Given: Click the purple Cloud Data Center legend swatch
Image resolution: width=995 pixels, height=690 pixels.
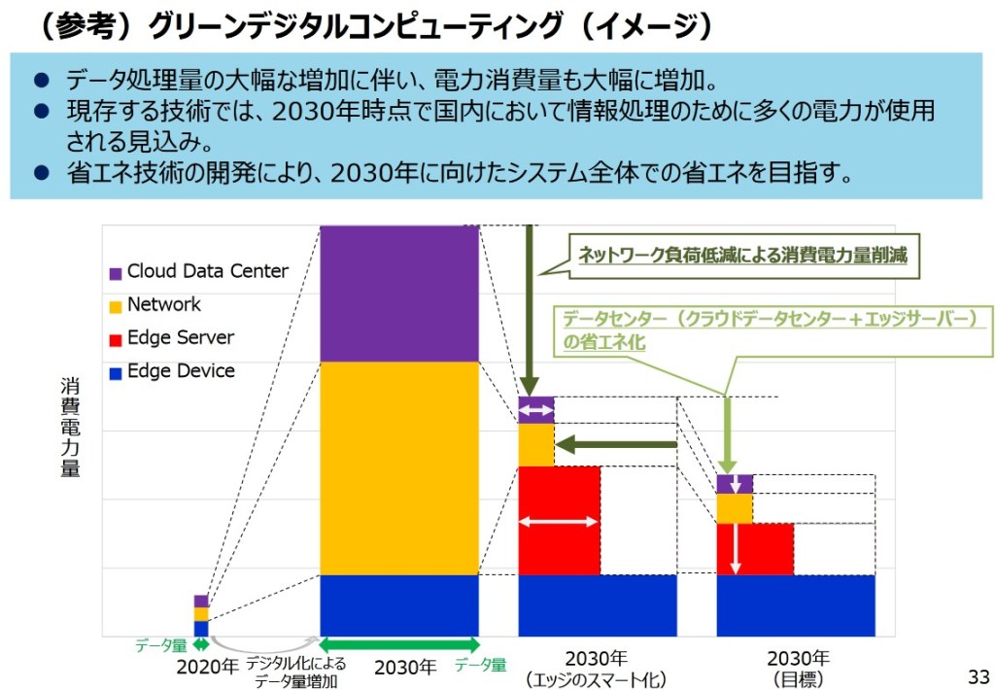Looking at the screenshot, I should click(116, 273).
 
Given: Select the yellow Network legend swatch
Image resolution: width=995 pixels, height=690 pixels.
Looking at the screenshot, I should click(116, 306).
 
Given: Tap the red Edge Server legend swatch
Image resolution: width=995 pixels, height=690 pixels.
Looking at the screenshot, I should click(116, 339).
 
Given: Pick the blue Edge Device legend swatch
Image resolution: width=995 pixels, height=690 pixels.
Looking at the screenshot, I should click(116, 372).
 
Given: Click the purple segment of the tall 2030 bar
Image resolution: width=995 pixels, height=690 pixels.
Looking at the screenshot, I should click(399, 293).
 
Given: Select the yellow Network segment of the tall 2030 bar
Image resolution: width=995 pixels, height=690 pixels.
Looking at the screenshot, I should click(399, 467).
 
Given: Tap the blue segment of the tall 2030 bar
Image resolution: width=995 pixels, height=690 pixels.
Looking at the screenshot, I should click(399, 604).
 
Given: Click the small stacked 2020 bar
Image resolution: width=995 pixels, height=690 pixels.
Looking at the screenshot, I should click(201, 615).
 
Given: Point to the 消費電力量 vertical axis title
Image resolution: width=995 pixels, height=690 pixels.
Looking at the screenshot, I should click(70, 428).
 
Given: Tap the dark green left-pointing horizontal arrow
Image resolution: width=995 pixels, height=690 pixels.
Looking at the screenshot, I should click(616, 445).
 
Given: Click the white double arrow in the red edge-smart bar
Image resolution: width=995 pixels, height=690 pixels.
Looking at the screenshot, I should click(559, 522).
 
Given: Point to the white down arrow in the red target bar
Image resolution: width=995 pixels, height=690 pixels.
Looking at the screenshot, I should click(736, 548).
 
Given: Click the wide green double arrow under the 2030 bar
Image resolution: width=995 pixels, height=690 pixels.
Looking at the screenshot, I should click(399, 644).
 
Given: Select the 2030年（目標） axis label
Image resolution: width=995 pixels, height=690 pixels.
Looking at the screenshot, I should click(798, 667).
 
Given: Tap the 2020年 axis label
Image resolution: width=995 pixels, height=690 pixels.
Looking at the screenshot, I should click(207, 668).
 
